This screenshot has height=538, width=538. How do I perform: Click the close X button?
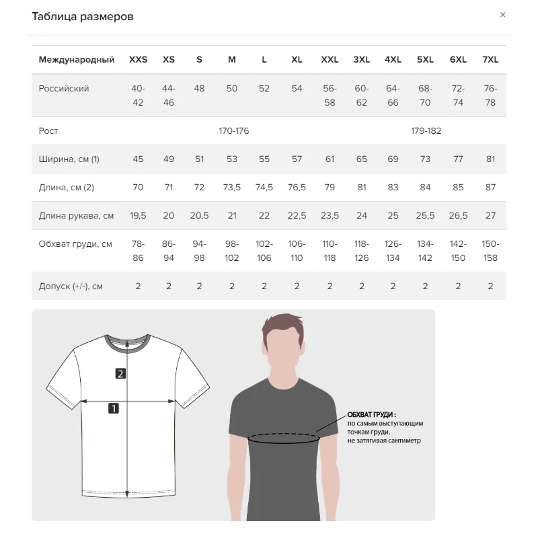click(502, 15)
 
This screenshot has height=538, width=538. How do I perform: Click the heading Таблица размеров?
click(83, 17)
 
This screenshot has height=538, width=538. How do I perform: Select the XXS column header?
click(138, 60)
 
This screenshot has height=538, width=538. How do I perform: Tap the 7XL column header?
click(490, 60)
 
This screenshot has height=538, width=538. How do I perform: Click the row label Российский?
click(64, 89)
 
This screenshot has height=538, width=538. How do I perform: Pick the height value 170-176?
click(233, 131)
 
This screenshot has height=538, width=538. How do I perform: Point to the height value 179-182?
click(426, 131)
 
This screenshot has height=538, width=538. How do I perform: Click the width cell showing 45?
click(138, 159)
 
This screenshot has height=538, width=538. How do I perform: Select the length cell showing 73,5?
click(231, 188)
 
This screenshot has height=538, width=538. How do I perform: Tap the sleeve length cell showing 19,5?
click(138, 216)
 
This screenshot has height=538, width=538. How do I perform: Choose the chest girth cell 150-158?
click(490, 251)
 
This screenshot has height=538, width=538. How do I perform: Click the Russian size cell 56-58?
click(330, 95)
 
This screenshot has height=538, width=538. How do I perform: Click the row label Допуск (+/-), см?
click(71, 286)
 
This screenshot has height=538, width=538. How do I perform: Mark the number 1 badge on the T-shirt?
click(114, 408)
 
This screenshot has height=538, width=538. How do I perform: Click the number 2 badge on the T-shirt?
click(120, 374)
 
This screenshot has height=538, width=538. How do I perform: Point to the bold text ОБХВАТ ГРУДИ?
click(371, 415)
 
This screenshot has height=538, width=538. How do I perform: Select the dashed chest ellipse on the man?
click(282, 438)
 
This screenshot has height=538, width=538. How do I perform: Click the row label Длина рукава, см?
click(76, 216)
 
